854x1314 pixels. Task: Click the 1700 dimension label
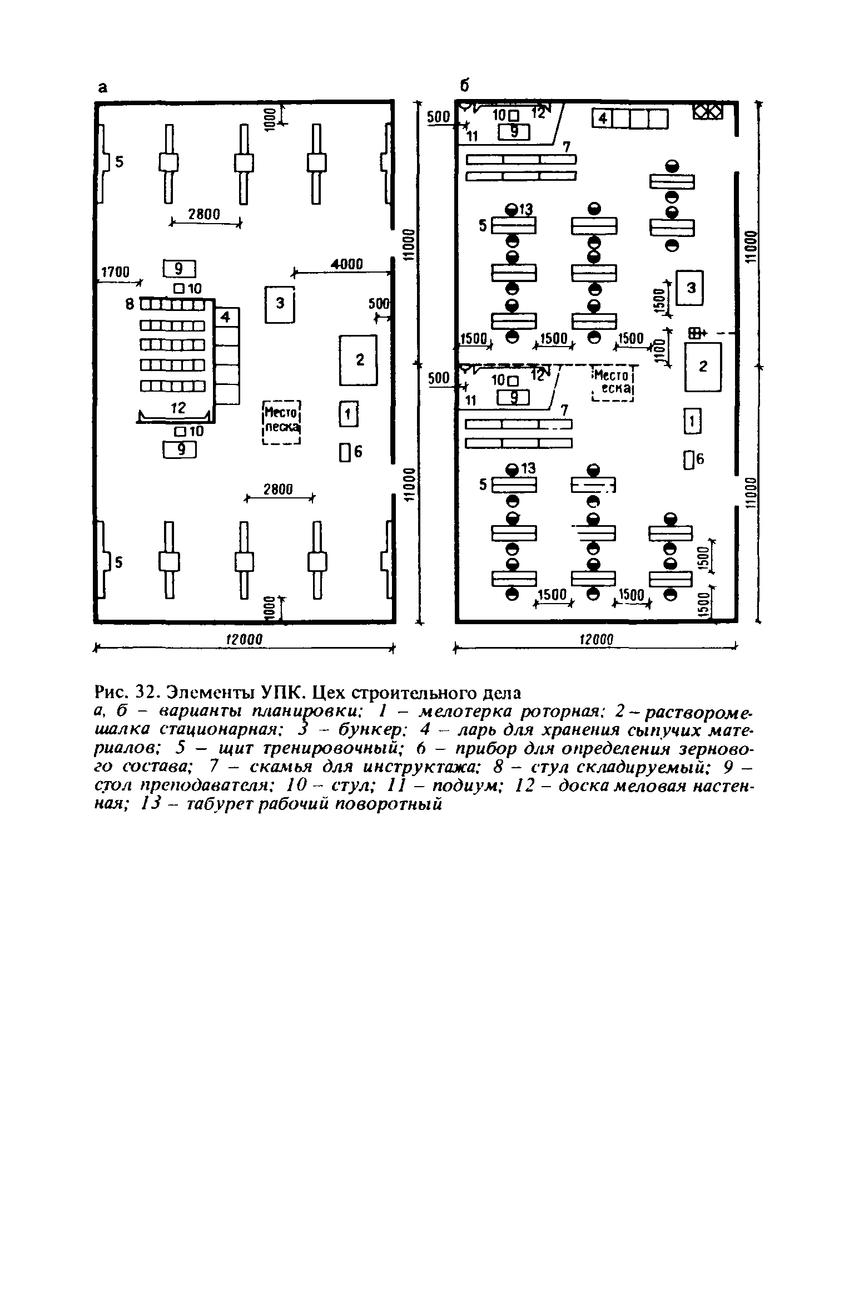[x=115, y=271]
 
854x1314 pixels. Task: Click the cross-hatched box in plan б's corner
[x=707, y=112]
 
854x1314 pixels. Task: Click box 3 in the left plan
[x=280, y=304]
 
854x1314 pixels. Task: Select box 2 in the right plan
[x=703, y=367]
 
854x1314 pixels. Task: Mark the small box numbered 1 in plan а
[x=349, y=415]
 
